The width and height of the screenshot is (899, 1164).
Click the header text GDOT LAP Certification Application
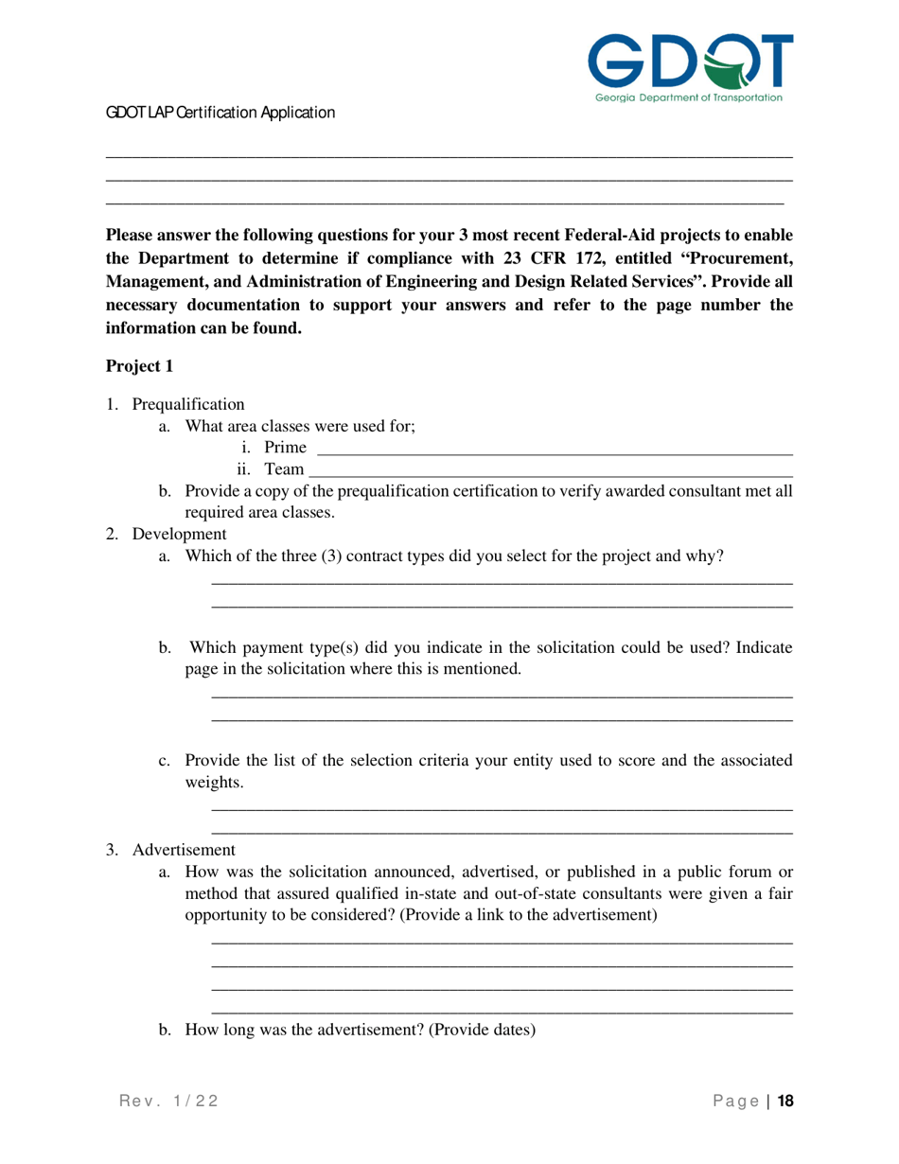click(220, 113)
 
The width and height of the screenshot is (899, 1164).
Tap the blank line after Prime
click(553, 448)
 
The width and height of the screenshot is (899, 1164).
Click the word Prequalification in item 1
click(187, 405)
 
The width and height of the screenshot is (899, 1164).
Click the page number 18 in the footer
click(784, 1101)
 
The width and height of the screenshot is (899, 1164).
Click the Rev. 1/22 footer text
click(168, 1101)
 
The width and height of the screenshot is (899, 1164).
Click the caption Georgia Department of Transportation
click(688, 97)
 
